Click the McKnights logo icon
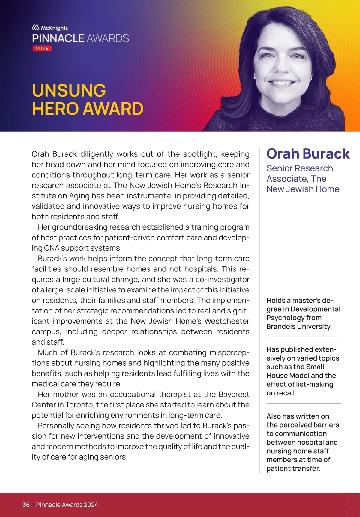tap(36, 28)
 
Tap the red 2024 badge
tap(42, 48)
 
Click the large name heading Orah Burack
tap(308, 154)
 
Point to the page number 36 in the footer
tap(26, 505)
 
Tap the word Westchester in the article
tap(227, 321)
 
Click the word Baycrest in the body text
tap(234, 394)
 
